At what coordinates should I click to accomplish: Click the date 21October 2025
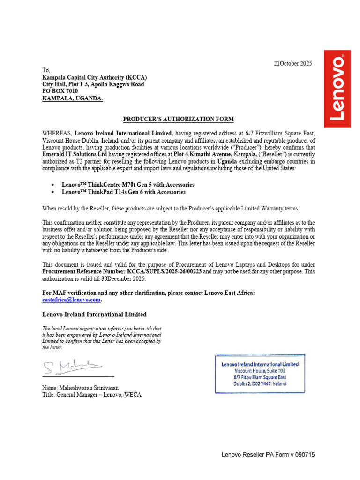point(292,63)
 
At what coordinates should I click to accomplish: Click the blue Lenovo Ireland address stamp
point(260,374)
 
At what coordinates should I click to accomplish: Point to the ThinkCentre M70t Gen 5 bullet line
point(128,185)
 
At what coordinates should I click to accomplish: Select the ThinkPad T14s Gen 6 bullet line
point(124,192)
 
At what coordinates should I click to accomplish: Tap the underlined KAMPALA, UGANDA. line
point(73,98)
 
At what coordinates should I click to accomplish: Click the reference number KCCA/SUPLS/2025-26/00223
point(162,272)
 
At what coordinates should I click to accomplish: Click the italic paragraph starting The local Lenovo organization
point(102,338)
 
